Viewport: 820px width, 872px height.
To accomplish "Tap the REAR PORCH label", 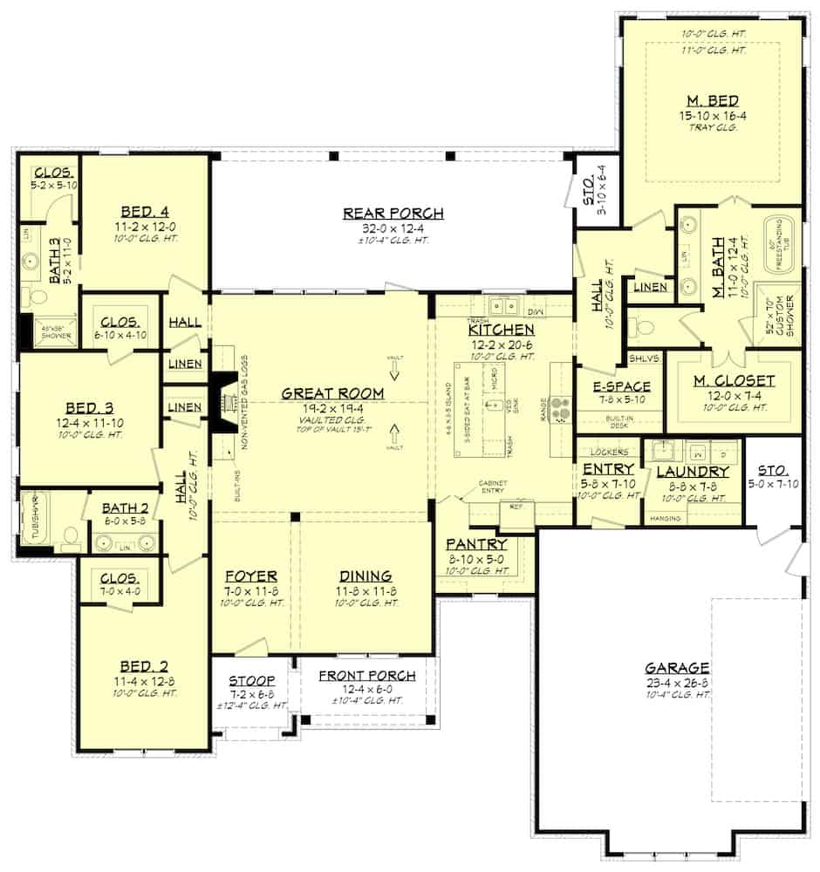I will (x=393, y=213).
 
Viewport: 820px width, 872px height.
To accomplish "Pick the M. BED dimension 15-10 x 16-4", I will (x=712, y=114).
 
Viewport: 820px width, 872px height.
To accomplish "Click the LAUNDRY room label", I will (x=693, y=472).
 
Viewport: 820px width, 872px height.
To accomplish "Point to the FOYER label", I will (x=251, y=576).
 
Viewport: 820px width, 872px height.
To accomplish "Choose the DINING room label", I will (x=366, y=576).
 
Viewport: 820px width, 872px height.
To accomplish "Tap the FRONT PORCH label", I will (x=366, y=676).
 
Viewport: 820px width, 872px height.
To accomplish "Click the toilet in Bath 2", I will (x=72, y=535).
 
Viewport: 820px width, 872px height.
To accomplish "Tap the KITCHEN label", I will (x=501, y=330).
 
